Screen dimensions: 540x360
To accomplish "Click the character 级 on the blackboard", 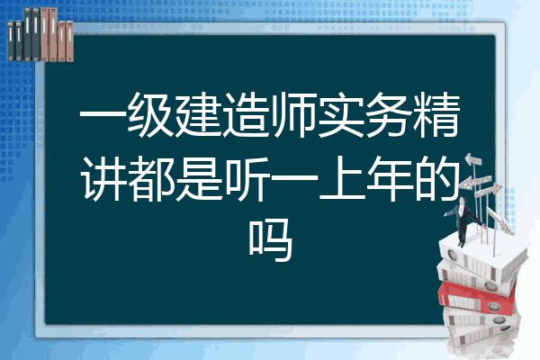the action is coord(150,114).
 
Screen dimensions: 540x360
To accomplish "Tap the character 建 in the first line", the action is coord(198,114).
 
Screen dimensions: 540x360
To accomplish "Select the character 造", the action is coord(246,114).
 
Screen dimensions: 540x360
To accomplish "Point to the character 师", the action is coord(293,114).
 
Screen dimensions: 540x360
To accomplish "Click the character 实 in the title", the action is coord(341,114).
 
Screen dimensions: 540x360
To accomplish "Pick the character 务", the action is coord(389,114).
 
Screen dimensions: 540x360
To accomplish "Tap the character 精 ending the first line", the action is coord(436,114).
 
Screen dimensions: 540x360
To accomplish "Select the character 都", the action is coord(150,178).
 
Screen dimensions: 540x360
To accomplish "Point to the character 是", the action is coord(198,178).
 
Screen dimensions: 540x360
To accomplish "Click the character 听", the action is coord(246,178).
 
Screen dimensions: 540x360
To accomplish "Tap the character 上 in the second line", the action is coord(342,178).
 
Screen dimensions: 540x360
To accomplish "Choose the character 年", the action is coord(389,178).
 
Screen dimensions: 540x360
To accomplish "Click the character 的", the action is coord(436,178).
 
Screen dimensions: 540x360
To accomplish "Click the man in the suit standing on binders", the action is coord(463,220).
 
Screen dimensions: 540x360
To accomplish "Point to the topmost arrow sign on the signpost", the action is coord(473,159).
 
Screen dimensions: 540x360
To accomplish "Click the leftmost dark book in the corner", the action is coord(11,41).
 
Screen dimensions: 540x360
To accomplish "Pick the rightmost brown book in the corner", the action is coord(69,41).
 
